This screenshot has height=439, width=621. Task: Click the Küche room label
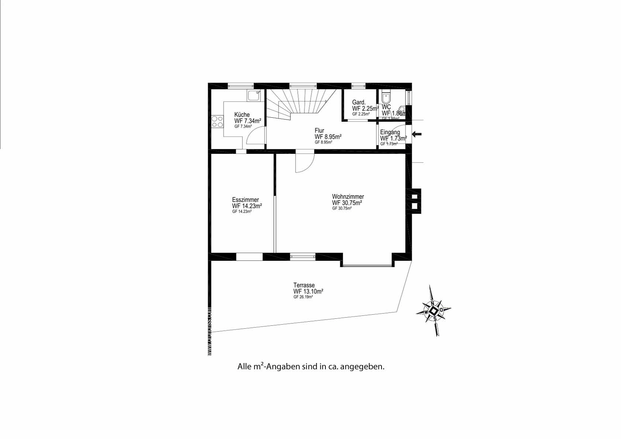click(242, 115)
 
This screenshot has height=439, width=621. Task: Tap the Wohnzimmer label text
click(348, 197)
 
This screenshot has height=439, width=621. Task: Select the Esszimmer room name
click(245, 200)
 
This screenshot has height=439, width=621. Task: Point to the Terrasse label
click(304, 285)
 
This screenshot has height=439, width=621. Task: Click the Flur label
click(319, 131)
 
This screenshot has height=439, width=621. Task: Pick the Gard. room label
click(359, 102)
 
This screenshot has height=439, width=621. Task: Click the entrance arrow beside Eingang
click(417, 134)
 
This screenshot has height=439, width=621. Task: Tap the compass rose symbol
click(434, 311)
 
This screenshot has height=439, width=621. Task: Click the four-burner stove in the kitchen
click(217, 122)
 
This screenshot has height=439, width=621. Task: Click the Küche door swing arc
click(255, 135)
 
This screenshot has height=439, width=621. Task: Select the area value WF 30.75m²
click(346, 203)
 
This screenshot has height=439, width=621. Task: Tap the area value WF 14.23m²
click(247, 206)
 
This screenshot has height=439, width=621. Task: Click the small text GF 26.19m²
click(303, 297)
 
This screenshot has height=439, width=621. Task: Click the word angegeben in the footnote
click(363, 367)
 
